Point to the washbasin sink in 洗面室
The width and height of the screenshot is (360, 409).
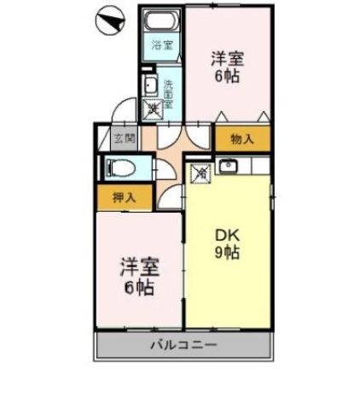[x=150, y=85]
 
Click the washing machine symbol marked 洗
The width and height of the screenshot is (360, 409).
[x=154, y=108]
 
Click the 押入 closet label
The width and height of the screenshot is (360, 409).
[x=124, y=197]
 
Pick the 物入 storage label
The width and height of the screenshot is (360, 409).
[x=241, y=138]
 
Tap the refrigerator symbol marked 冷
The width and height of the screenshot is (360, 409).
[x=199, y=173]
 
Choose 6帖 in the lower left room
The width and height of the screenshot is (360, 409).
[x=136, y=288]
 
